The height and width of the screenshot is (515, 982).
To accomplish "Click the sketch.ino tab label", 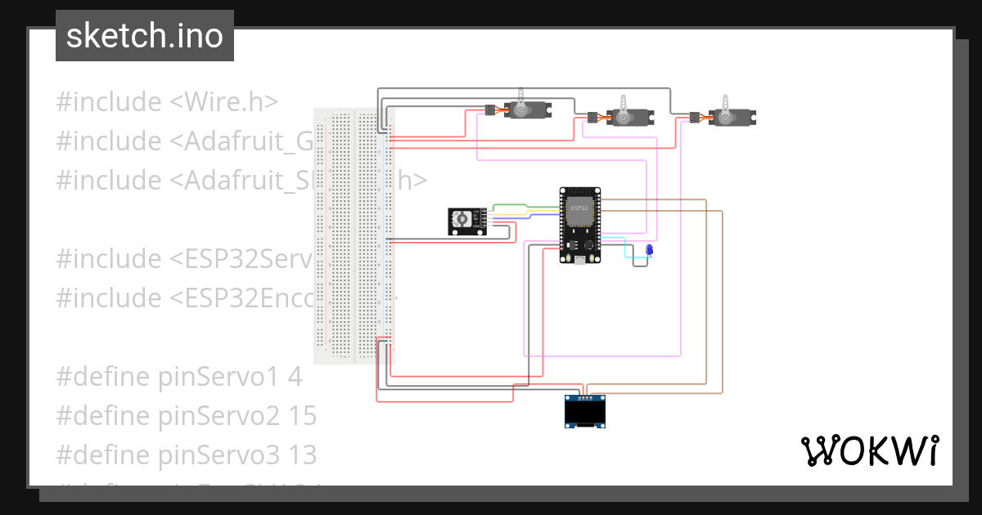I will (x=145, y=36).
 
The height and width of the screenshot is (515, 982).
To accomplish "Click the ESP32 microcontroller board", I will (x=579, y=225).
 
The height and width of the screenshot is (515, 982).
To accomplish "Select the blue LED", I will (x=649, y=250).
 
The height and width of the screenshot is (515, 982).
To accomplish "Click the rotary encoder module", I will (x=466, y=222).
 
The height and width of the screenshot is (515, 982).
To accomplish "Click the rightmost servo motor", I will (x=732, y=116).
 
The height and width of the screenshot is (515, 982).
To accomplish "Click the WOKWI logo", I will (x=869, y=450).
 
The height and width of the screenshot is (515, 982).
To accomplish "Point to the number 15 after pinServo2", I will (x=302, y=416).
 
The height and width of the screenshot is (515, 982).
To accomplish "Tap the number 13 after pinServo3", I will (x=302, y=455).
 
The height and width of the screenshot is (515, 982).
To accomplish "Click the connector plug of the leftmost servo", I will (x=489, y=110).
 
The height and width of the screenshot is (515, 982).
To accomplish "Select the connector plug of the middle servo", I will (x=592, y=117).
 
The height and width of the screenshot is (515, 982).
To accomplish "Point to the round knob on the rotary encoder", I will (x=462, y=219).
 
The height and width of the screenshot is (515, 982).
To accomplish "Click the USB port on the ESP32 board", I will (x=579, y=260).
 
